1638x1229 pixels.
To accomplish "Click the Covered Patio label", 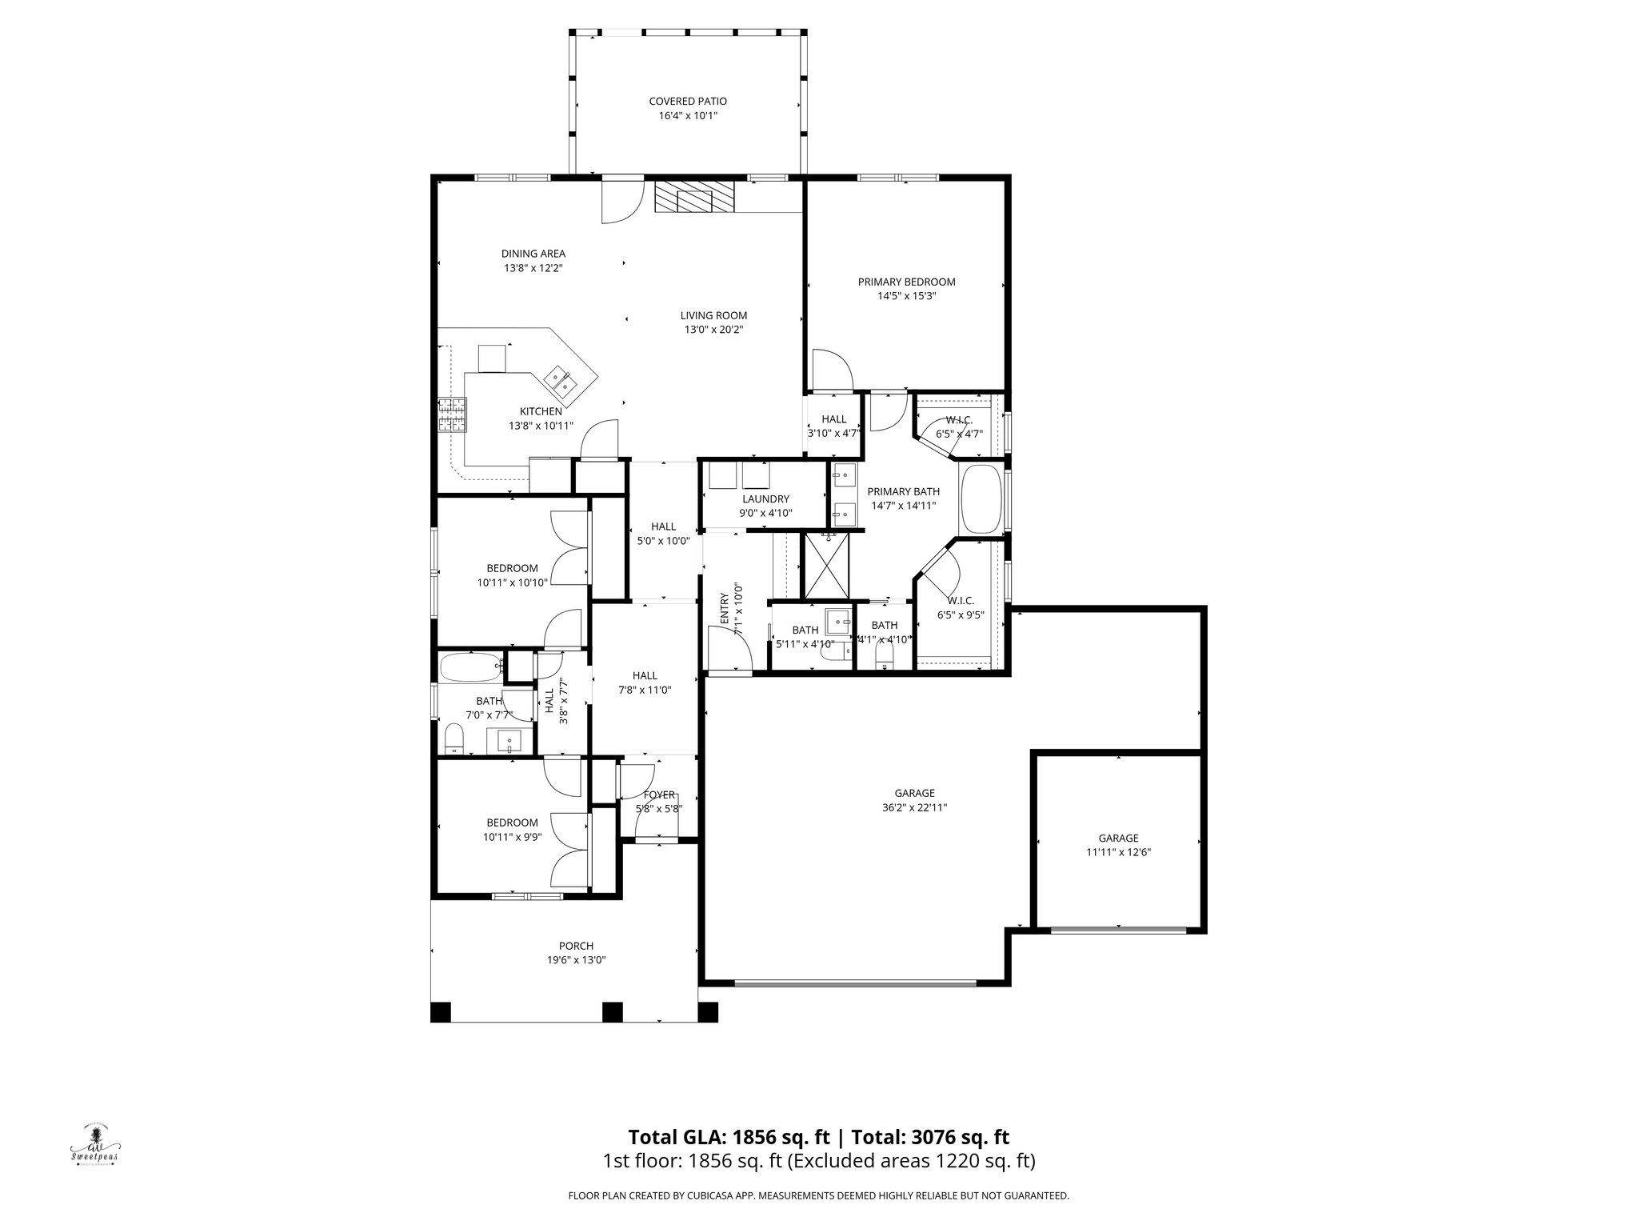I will pos(687,102).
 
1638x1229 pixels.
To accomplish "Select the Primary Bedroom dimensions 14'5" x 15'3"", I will pos(906,296).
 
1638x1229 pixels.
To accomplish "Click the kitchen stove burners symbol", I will pos(451,416).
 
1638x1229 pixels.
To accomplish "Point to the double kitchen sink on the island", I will pos(562,381).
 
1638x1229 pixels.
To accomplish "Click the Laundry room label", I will pos(765,499).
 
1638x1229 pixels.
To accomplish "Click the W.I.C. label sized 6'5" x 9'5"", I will pos(960,601).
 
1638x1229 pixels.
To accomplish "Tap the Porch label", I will pos(576,946).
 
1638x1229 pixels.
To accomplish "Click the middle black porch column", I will pos(612,1011).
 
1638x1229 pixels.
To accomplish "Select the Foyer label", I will pos(659,795).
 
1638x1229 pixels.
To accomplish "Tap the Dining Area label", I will pos(533,254).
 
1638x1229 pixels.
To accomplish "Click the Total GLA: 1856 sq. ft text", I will pos(731,1138).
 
